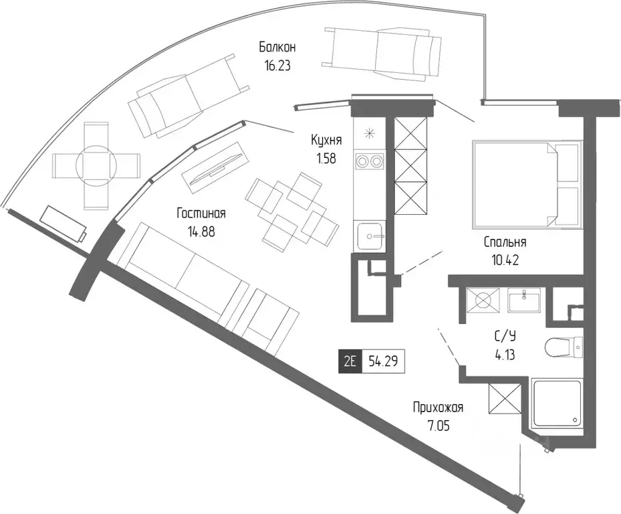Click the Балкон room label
tap(277, 48)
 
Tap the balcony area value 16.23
tap(277, 66)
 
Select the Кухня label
tap(326, 141)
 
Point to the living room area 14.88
tap(202, 231)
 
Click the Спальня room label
tap(505, 242)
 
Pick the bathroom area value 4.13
tap(505, 354)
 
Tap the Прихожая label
tap(438, 408)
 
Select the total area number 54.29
tap(383, 361)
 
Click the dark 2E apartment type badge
tap(350, 361)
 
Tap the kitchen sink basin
tap(370, 236)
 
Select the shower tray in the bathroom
tap(556, 404)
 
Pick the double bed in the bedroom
tap(527, 185)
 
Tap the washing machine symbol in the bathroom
tap(483, 300)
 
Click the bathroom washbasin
tap(524, 300)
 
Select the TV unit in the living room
tap(215, 168)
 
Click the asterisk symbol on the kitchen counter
tap(370, 134)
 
